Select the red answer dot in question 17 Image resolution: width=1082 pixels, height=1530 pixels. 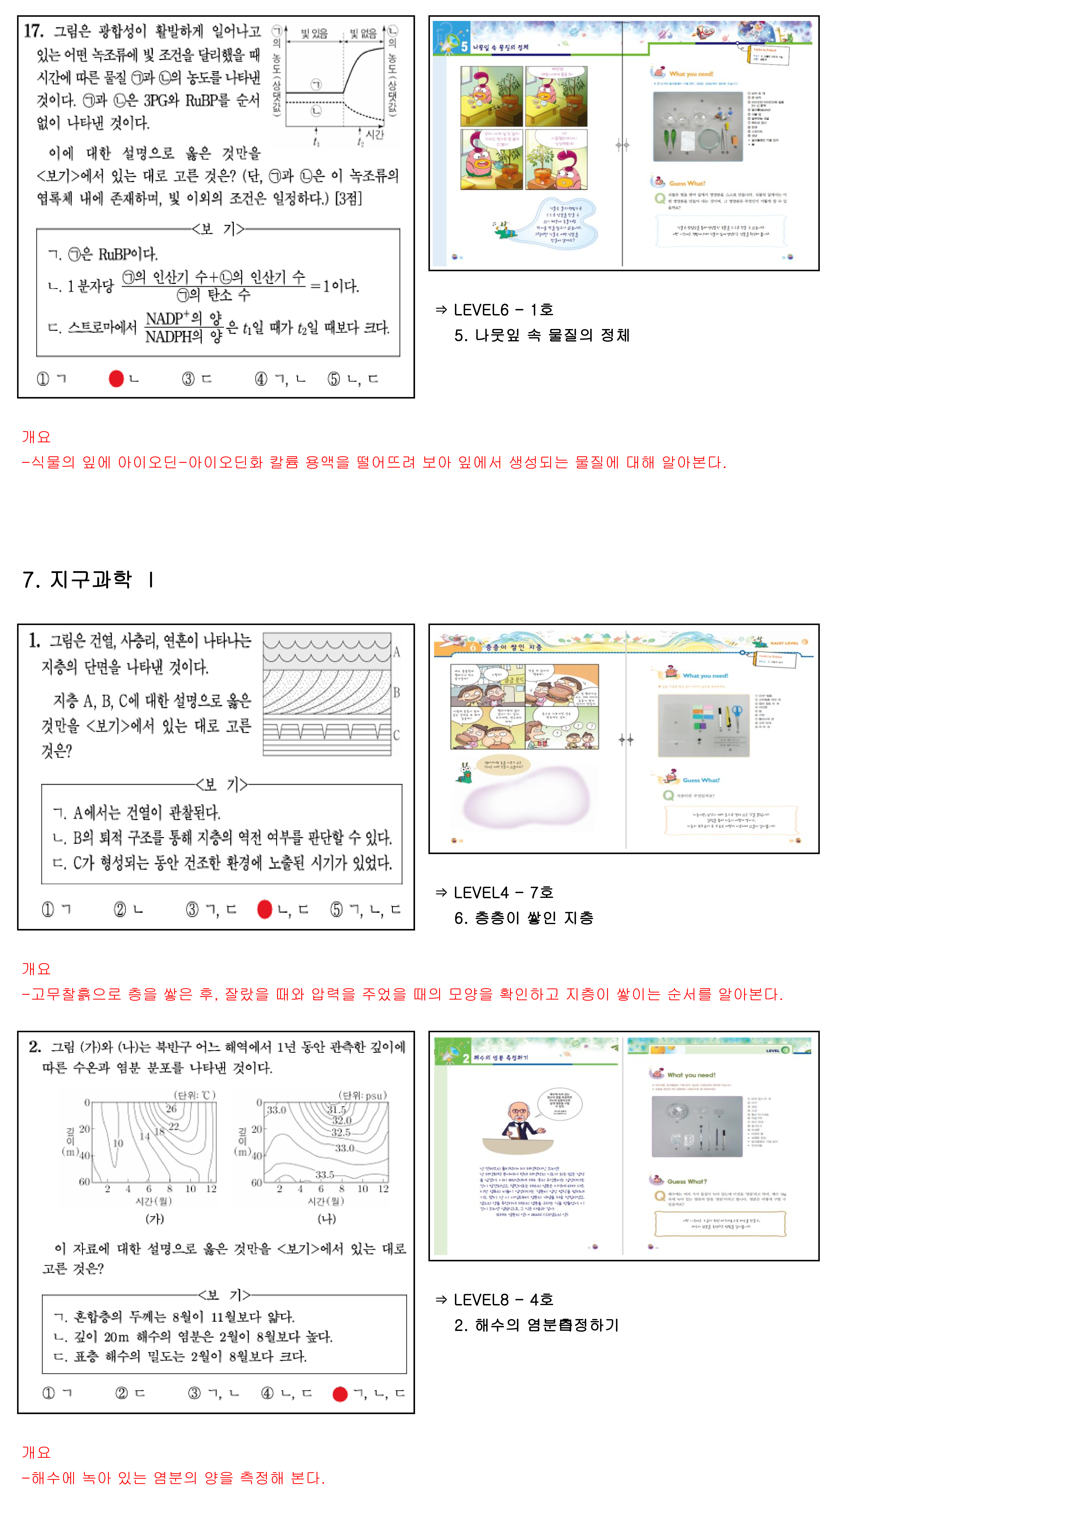(116, 378)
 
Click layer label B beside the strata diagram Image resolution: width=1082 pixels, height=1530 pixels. (397, 692)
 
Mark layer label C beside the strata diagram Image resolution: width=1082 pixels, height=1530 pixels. (397, 735)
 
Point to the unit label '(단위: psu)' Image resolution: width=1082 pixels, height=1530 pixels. (363, 1095)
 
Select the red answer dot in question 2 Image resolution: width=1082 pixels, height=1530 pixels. (340, 1393)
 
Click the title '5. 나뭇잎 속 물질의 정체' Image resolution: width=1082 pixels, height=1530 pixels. (541, 335)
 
